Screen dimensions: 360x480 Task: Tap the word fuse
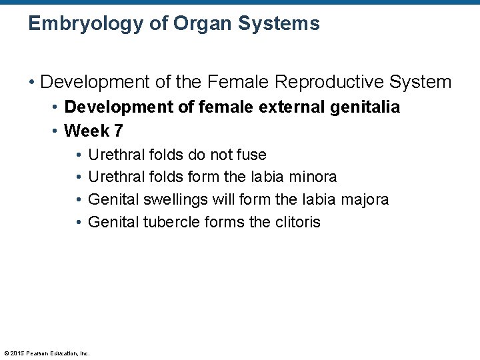click(x=252, y=155)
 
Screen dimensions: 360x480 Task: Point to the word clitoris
click(x=296, y=222)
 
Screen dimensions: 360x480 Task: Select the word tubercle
click(x=171, y=222)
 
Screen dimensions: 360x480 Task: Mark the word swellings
click(x=177, y=199)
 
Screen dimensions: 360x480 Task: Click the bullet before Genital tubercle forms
click(x=78, y=222)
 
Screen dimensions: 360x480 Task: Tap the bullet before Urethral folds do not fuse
click(x=78, y=155)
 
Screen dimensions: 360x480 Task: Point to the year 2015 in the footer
click(x=18, y=353)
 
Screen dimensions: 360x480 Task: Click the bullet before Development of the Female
click(x=31, y=83)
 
